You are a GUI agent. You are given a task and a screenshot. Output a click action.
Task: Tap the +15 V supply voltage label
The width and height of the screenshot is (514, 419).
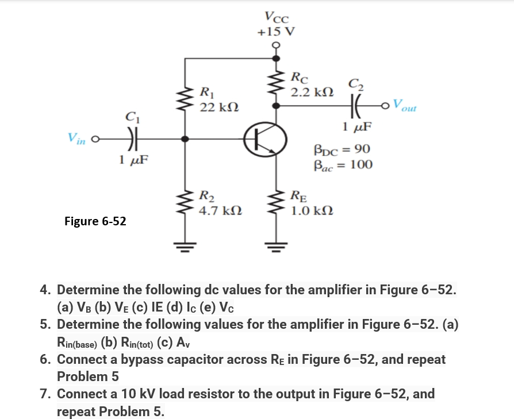276,32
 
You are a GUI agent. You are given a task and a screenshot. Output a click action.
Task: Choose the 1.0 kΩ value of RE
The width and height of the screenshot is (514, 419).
311,210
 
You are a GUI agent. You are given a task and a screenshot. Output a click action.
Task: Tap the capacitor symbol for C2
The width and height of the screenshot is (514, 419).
351,106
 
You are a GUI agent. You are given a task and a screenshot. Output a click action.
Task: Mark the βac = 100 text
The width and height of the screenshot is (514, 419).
343,165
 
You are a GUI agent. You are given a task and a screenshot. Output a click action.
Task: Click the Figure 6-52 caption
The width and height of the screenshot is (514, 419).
95,221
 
